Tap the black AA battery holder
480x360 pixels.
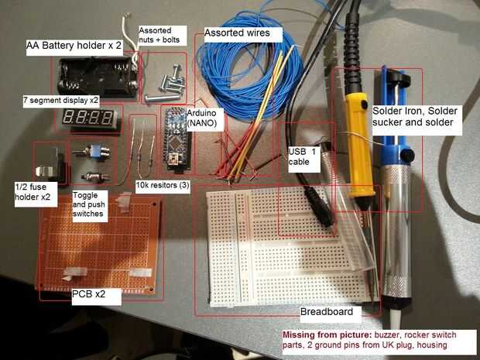pyautogui.click(x=96, y=77)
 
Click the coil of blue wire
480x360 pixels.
pyautogui.click(x=240, y=74)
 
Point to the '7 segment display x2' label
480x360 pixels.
pyautogui.click(x=60, y=101)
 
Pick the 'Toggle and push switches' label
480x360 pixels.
pyautogui.click(x=91, y=205)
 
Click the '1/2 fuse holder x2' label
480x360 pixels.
pyautogui.click(x=33, y=192)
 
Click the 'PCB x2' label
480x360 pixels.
pyautogui.click(x=88, y=293)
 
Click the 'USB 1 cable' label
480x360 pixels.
pyautogui.click(x=302, y=156)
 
